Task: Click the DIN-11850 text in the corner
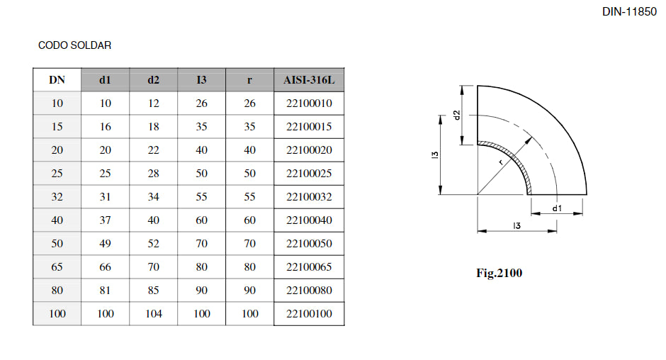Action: [629, 12]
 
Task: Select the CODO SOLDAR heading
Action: [74, 45]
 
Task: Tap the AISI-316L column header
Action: [309, 80]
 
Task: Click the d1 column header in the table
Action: [105, 80]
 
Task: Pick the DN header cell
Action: [57, 80]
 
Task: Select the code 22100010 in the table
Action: [309, 103]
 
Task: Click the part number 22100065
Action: [309, 267]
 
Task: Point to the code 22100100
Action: [309, 314]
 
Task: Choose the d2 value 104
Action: [153, 314]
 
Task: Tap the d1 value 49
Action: [105, 244]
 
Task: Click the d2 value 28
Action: [153, 174]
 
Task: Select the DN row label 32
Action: [57, 197]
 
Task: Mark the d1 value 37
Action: [105, 220]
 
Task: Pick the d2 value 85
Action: [153, 291]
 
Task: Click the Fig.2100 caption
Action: [499, 273]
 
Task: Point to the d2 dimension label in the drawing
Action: [458, 114]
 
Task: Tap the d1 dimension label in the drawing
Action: [557, 208]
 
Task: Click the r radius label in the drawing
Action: [500, 163]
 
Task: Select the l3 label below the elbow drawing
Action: [517, 225]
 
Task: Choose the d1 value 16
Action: [105, 127]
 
